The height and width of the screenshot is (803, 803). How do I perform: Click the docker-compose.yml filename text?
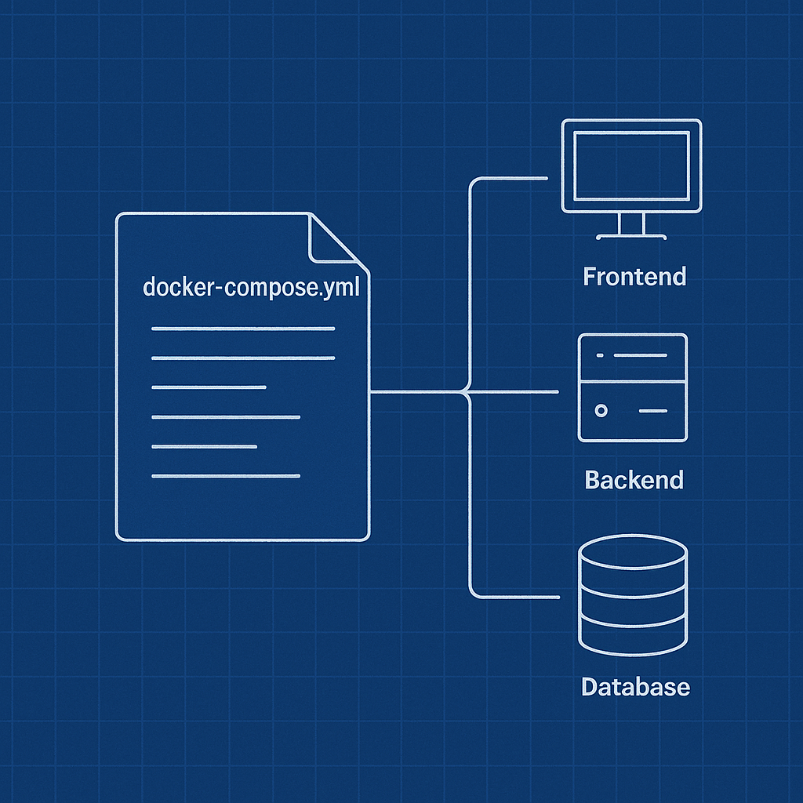251,286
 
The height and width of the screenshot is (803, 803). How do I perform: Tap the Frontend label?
634,276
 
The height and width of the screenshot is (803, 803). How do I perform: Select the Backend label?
634,479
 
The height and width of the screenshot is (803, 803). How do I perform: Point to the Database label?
635,687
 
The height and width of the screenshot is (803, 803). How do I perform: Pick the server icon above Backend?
632,387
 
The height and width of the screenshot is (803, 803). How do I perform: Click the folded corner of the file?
333,240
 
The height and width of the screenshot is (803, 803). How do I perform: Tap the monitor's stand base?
631,235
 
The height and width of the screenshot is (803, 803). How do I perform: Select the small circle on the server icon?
601,410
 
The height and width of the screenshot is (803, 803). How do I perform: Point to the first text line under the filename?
243,329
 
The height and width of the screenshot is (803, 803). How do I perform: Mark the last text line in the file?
226,475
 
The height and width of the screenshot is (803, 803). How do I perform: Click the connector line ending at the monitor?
510,179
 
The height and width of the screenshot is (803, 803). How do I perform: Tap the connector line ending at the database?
514,597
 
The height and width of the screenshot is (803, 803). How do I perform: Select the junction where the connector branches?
469,391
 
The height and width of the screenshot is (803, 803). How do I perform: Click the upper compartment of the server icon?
632,357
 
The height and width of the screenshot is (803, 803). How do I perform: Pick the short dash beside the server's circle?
653,410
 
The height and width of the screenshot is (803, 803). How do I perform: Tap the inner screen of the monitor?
631,165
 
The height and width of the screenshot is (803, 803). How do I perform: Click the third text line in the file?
209,387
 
